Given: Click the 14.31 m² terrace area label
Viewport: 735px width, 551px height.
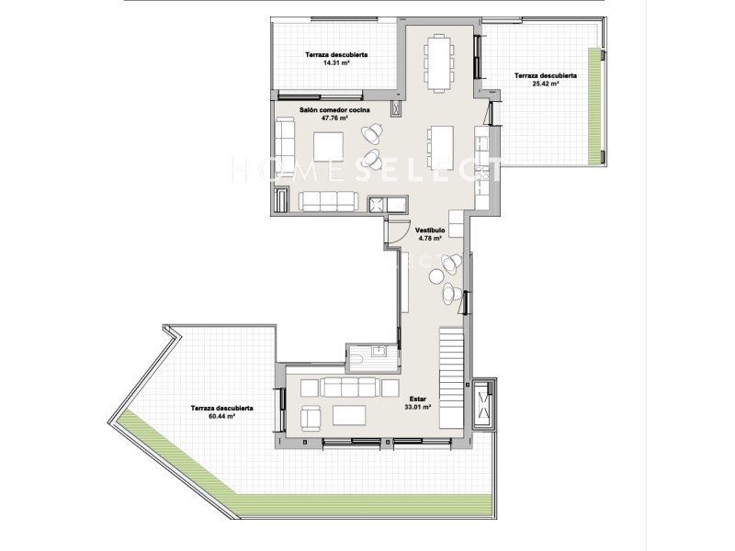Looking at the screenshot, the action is click(x=336, y=62).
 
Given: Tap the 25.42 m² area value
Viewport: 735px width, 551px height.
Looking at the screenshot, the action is click(x=545, y=84).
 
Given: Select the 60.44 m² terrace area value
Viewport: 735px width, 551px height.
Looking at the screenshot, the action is click(x=221, y=416).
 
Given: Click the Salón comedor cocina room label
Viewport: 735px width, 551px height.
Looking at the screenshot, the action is click(x=334, y=110).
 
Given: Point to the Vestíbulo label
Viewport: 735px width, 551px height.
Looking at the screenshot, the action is click(x=430, y=231).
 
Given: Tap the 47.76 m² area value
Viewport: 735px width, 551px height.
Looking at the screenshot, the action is click(x=334, y=118).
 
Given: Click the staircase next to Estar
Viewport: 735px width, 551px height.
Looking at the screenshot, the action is click(x=451, y=378).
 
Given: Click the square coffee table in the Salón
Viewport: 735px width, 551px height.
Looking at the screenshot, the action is click(x=328, y=147).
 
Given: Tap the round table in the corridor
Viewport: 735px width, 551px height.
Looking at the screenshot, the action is click(x=437, y=276).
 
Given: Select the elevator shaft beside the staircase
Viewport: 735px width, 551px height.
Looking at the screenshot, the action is click(x=483, y=404).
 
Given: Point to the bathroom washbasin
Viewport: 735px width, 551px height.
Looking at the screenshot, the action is click(x=378, y=351).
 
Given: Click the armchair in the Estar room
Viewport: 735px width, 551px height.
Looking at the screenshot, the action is click(x=311, y=419).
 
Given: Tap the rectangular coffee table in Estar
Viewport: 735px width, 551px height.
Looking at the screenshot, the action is click(x=349, y=415).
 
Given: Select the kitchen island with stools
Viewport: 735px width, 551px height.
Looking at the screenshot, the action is click(x=441, y=147).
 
